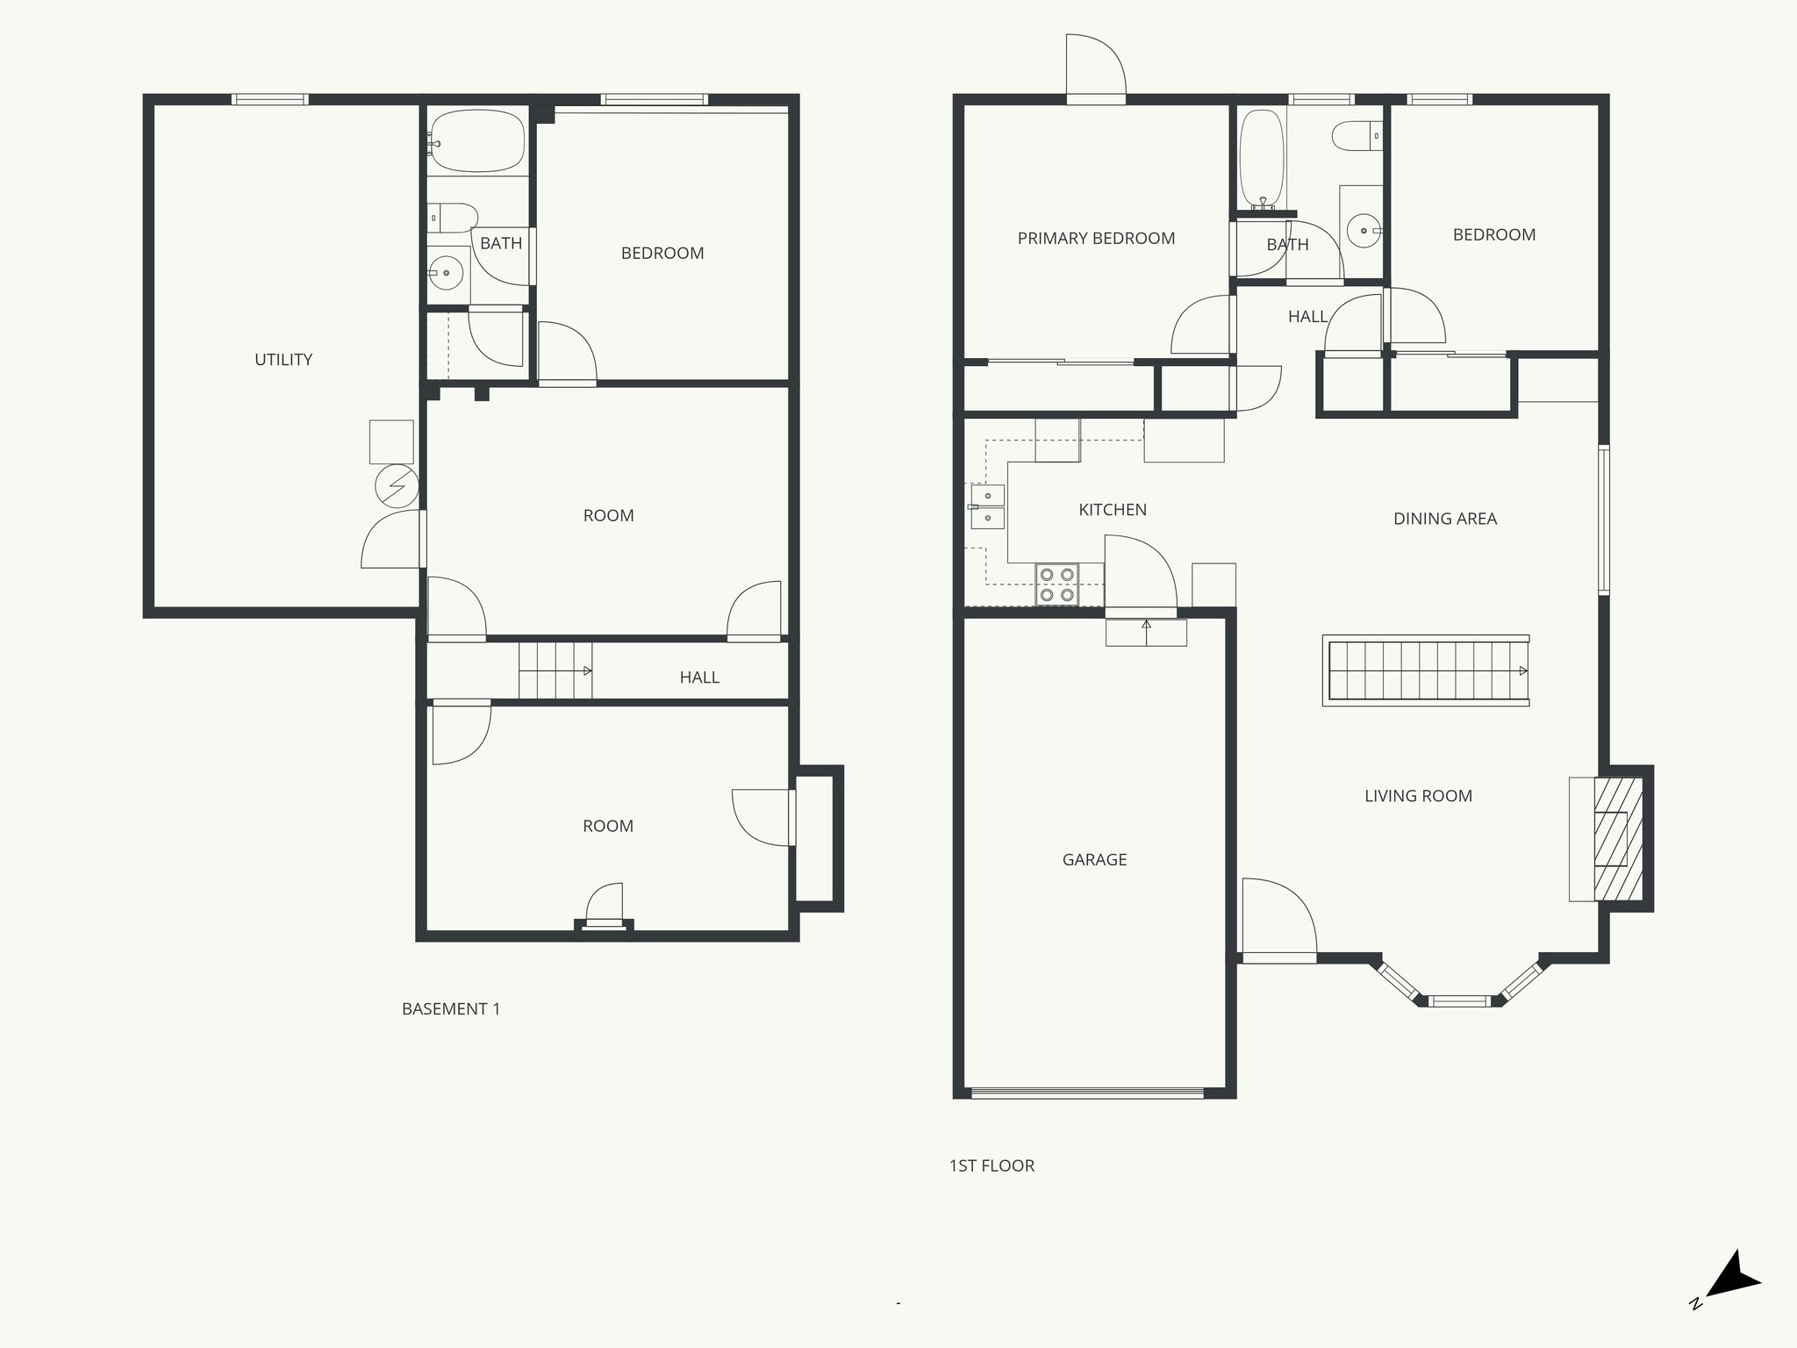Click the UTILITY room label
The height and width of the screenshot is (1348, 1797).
click(283, 360)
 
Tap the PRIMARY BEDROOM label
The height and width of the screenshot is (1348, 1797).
click(1096, 239)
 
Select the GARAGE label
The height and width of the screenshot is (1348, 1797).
click(1094, 860)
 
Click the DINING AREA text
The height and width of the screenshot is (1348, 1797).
click(1444, 519)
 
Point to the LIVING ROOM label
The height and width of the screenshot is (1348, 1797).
click(1418, 796)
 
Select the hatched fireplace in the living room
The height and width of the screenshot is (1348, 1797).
click(1617, 839)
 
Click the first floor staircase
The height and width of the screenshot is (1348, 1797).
click(1427, 670)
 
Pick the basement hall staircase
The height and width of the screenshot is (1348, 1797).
click(554, 671)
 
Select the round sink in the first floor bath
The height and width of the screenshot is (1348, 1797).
click(1363, 231)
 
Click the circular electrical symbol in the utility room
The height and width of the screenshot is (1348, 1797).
click(396, 485)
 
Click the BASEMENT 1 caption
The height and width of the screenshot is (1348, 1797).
click(451, 1009)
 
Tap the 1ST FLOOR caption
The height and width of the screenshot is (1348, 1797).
click(992, 1166)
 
